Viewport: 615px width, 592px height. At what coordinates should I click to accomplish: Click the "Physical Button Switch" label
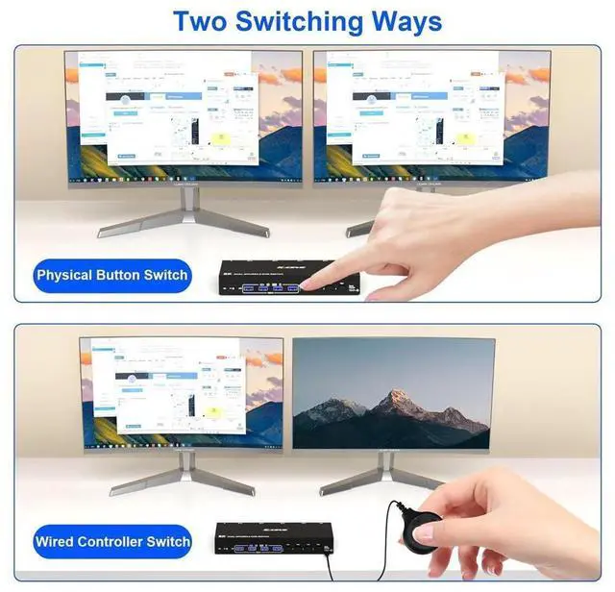[112, 276]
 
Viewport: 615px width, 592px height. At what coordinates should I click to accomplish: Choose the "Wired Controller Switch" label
[112, 542]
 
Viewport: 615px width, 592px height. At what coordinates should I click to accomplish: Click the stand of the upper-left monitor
[183, 213]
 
